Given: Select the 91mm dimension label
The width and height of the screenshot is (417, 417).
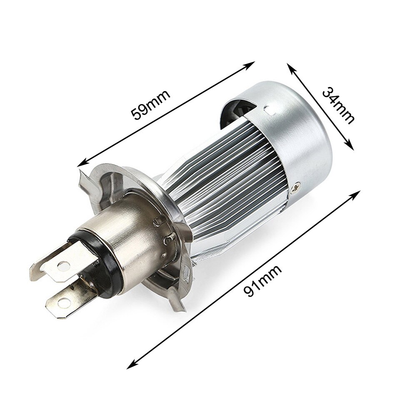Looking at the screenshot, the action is tap(262, 281).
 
